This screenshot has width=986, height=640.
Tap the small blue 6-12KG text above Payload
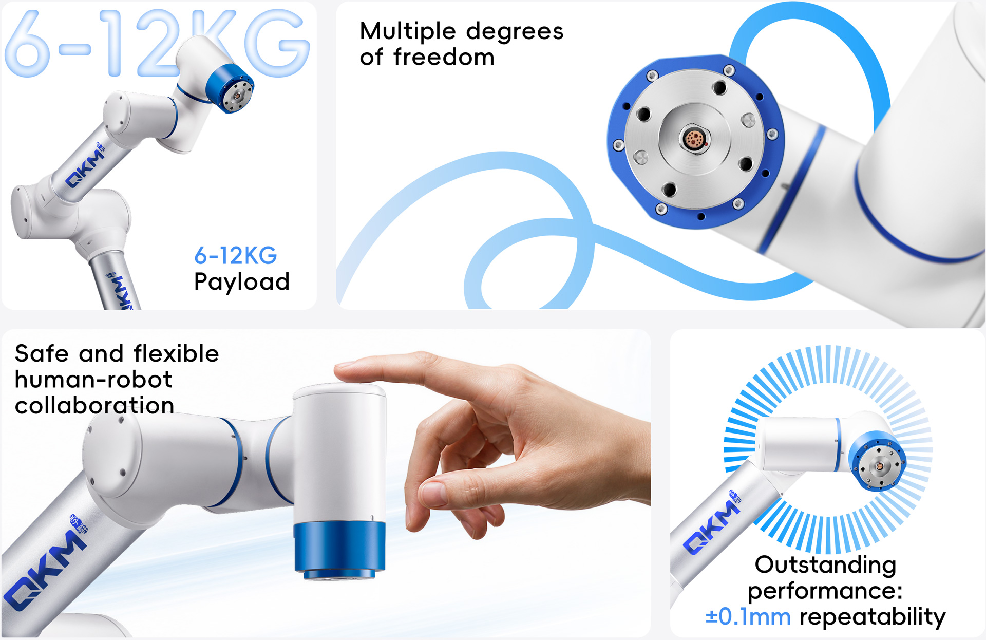tap(236, 255)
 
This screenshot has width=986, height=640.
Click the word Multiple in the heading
tap(408, 31)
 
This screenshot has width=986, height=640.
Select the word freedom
tap(444, 57)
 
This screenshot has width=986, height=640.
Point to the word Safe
tap(42, 353)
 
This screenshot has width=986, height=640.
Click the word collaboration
tap(94, 405)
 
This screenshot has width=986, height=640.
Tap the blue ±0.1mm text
tap(748, 616)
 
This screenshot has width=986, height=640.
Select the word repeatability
tap(873, 617)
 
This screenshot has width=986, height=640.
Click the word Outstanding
tap(825, 565)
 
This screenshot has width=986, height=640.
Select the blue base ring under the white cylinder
tap(339, 548)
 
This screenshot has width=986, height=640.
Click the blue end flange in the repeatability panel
tap(877, 461)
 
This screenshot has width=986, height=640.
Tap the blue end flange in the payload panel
tap(231, 88)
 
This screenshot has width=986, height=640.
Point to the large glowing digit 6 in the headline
tap(28, 43)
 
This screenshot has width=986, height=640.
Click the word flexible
tap(176, 353)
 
